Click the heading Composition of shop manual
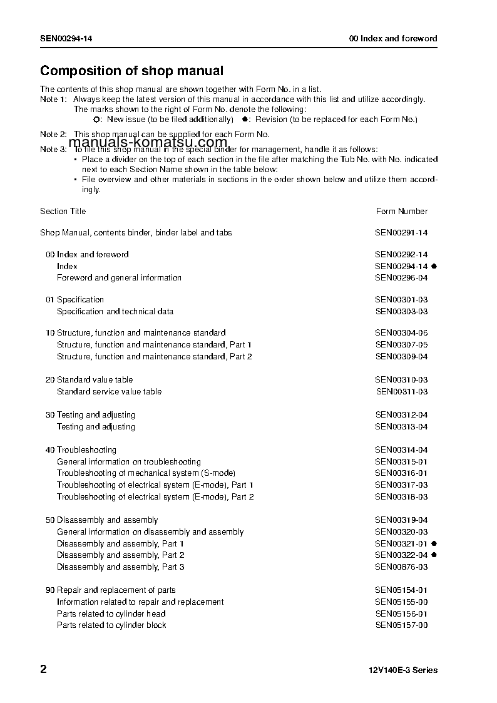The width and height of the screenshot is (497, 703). click(x=131, y=71)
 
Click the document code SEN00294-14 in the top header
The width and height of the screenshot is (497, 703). click(x=67, y=38)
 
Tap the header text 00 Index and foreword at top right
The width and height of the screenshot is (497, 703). click(x=393, y=38)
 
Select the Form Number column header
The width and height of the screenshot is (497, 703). click(x=402, y=212)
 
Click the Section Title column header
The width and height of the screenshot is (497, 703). click(x=63, y=212)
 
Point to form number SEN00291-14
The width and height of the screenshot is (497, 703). click(x=401, y=233)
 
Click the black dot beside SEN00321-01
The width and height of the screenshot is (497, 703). click(x=434, y=543)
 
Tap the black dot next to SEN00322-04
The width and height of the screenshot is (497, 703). click(x=434, y=555)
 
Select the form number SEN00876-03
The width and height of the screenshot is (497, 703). click(x=401, y=567)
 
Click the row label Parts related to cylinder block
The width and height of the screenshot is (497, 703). click(x=111, y=625)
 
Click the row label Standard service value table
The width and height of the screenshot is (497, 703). click(x=109, y=392)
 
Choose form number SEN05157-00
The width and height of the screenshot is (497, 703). click(x=401, y=625)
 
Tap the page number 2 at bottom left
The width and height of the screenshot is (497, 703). click(x=43, y=669)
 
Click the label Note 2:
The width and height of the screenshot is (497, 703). click(x=53, y=135)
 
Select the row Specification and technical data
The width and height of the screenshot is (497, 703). click(x=115, y=312)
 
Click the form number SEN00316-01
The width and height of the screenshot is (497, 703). click(x=401, y=473)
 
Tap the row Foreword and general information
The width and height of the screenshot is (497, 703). click(x=119, y=278)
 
